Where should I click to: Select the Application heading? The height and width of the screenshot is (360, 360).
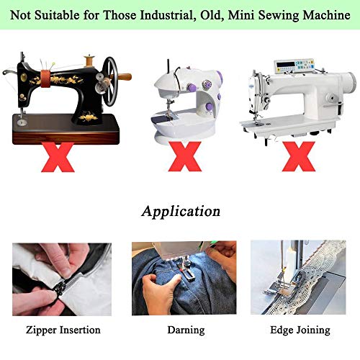click(181, 212)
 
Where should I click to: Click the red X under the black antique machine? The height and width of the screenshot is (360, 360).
click(58, 157)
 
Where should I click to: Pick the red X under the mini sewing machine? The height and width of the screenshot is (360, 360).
click(185, 156)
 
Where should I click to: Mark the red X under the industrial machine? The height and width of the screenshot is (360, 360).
click(299, 156)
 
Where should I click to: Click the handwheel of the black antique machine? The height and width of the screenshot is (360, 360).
click(111, 81)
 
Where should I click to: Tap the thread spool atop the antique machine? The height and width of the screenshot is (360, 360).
click(89, 61)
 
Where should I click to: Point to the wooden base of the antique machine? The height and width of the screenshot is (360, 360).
click(66, 130)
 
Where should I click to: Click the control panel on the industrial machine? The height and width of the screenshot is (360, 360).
click(294, 66)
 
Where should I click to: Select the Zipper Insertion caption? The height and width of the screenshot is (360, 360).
click(63, 330)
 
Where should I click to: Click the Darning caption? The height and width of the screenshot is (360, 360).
click(186, 330)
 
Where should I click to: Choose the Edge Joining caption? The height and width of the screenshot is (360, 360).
click(300, 330)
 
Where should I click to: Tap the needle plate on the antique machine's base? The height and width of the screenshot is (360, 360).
click(22, 122)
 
